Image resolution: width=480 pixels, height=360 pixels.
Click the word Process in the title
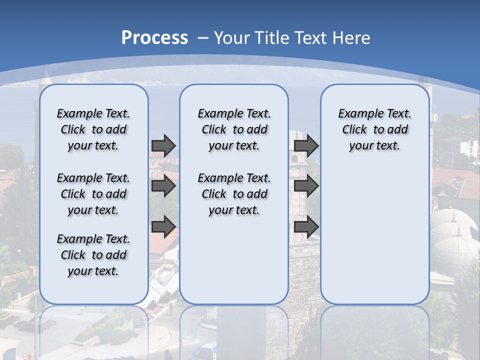(154, 38)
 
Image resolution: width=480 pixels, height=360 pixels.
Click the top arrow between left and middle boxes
(163, 145)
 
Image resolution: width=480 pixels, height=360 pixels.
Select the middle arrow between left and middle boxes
(163, 186)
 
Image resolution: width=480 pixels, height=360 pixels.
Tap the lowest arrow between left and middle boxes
(163, 226)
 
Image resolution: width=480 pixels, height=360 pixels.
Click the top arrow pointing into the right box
(306, 145)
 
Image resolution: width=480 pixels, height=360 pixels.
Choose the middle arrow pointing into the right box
(306, 186)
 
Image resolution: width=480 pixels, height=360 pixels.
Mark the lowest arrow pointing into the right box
(306, 226)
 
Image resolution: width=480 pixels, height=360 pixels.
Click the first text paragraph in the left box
(93, 129)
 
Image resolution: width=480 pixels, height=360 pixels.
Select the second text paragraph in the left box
(93, 194)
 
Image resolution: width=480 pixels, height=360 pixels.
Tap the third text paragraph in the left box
(93, 255)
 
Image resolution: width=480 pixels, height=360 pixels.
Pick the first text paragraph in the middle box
(234, 129)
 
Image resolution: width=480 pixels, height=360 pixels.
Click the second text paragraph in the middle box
(234, 194)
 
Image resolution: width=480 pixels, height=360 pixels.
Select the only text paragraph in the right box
(374, 129)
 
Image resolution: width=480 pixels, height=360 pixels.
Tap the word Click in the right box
(354, 130)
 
